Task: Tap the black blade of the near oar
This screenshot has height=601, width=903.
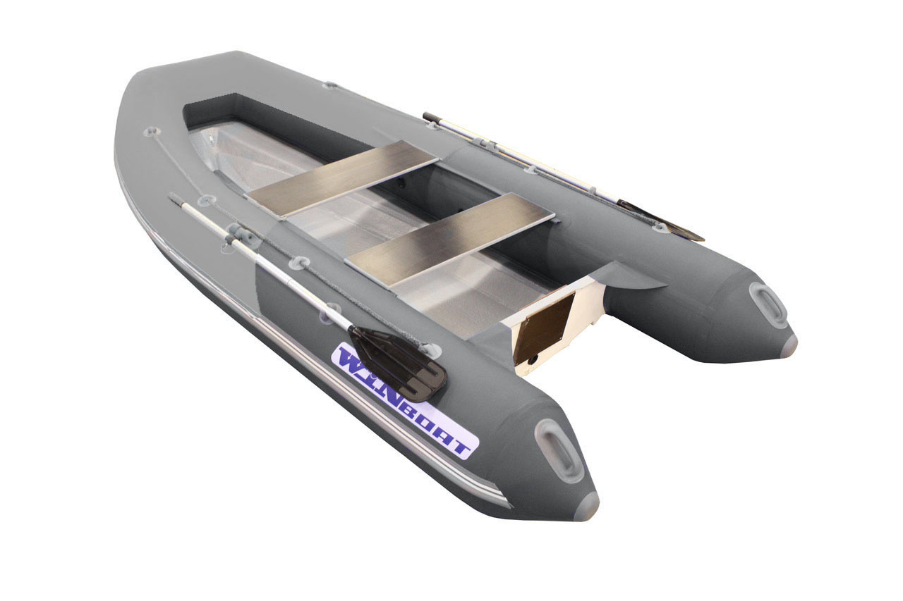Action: point(399,364)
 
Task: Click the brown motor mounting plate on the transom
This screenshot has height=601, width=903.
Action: point(544,328)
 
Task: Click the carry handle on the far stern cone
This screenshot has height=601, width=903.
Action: point(768,304)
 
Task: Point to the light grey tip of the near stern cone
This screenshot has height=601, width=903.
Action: point(587,505)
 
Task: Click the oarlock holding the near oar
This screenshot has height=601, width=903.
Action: point(234,240)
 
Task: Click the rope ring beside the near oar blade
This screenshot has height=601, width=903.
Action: point(432,349)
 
